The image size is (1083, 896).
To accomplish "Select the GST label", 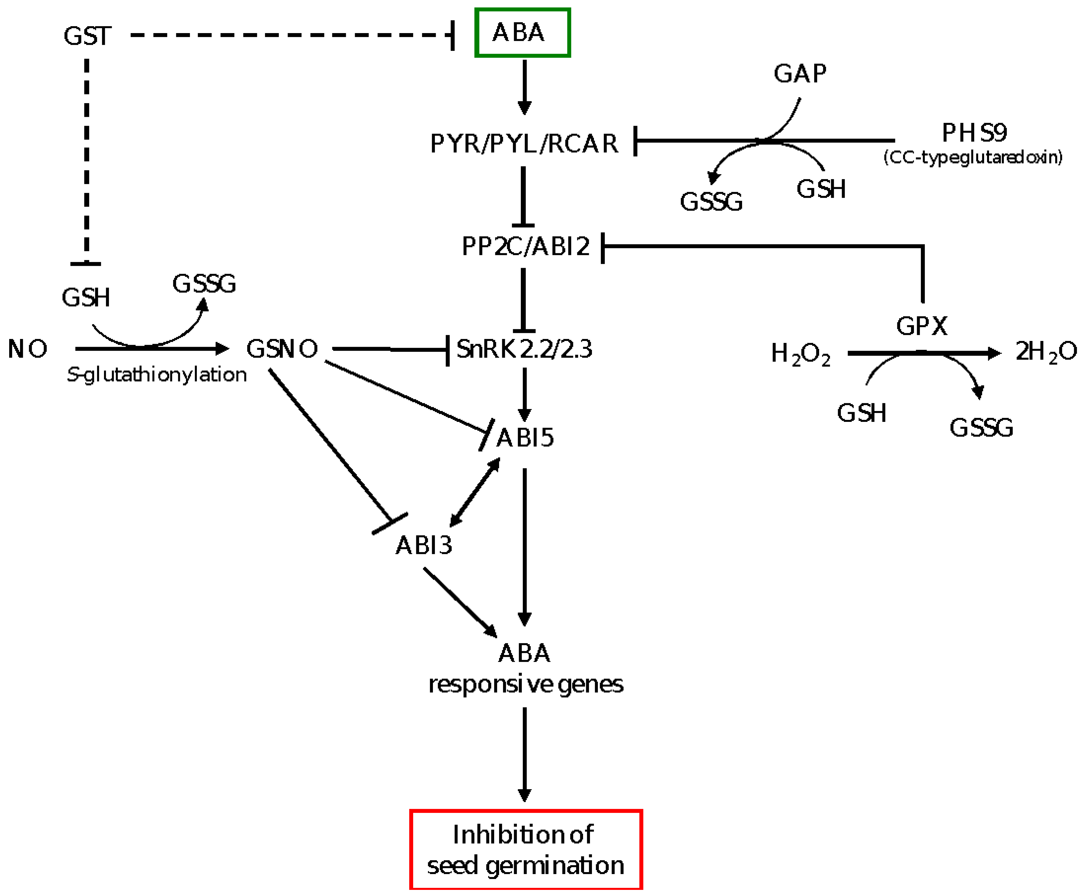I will tap(87, 36).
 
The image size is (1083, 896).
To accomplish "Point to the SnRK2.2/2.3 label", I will tap(524, 349).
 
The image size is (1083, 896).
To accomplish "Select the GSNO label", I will tap(282, 349).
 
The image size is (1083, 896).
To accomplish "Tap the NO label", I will tap(27, 349).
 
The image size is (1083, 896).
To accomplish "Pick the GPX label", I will tap(921, 326).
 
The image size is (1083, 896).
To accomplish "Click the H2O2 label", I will tap(801, 354).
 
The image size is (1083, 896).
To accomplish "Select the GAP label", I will tap(800, 74).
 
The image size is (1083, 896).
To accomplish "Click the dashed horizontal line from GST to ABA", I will tap(289, 35).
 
